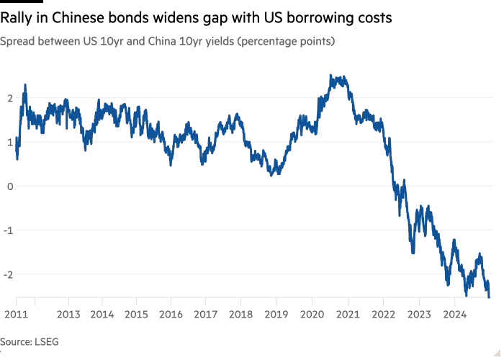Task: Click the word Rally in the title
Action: point(17,18)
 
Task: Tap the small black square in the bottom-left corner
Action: point(3,351)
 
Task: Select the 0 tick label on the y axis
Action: point(9,186)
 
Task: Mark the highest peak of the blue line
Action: point(331,74)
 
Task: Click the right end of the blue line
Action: point(492,296)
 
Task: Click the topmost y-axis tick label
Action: point(9,98)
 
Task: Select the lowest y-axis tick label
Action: point(9,274)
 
